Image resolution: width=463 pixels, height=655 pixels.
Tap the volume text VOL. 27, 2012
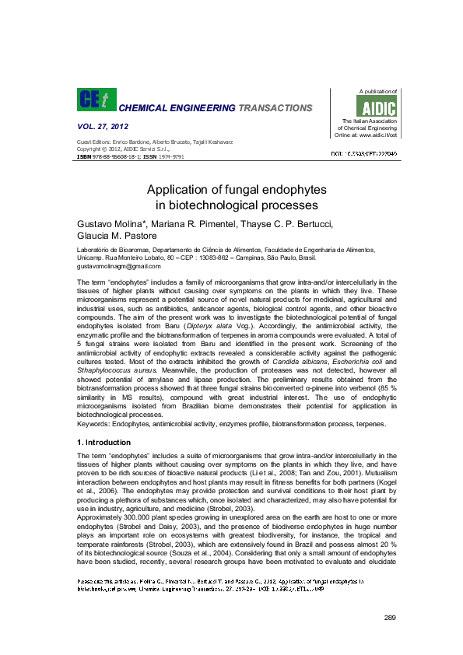103,126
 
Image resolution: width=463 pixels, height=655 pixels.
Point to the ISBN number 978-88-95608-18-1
118,156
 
